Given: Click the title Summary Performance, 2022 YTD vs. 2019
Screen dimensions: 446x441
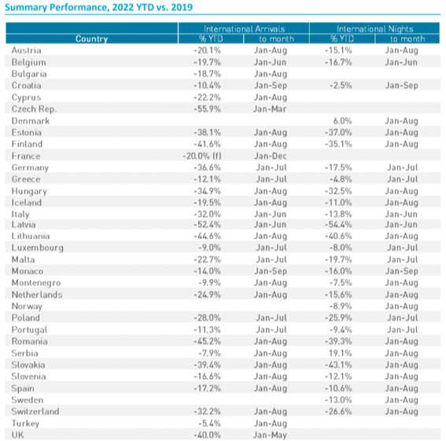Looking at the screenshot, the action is (98, 7).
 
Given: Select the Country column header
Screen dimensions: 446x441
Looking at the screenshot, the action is (91, 39).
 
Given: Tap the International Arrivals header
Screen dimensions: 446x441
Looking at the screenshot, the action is (244, 29).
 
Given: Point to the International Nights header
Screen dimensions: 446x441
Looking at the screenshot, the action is (374, 29).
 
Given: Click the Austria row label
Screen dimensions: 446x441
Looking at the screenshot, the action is (27, 50).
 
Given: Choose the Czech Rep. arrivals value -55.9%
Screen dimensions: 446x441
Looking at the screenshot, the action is (207, 109).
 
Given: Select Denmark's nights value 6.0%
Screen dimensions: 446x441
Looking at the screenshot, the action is (342, 121).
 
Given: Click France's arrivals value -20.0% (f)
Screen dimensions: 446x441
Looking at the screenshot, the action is (202, 156).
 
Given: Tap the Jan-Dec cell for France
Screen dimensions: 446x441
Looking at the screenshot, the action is (271, 156).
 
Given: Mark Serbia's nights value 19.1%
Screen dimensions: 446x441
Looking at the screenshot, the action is (340, 353).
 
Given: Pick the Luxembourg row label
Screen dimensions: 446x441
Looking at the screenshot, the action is (38, 248).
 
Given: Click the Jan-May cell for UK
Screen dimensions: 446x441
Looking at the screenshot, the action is (270, 435).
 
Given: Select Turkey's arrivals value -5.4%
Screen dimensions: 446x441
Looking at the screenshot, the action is (210, 424).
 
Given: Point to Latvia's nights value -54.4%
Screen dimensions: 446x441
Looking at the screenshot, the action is (338, 224).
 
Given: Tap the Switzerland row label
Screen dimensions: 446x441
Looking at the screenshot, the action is (35, 411).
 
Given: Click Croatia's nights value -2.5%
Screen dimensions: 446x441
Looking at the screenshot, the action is (341, 86).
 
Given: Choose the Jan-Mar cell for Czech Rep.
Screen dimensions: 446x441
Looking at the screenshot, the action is (270, 109).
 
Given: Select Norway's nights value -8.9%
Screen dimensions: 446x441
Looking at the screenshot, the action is (341, 307).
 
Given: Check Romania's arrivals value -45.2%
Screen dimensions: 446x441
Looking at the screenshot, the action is (207, 341).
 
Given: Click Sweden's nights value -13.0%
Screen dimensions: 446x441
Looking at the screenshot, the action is (338, 400).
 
